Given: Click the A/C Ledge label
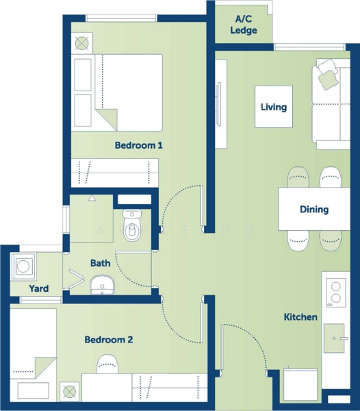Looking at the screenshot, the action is (x=244, y=25).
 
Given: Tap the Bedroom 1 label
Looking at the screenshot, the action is (x=139, y=145).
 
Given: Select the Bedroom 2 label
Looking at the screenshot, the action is (x=109, y=340).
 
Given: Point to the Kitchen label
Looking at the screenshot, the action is (x=300, y=317).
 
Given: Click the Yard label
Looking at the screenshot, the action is (x=39, y=288).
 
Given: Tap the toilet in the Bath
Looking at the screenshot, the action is (x=132, y=225).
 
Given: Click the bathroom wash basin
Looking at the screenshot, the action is (x=103, y=285).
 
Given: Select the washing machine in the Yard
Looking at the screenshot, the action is (x=23, y=266).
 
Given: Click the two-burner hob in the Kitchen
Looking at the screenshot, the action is (x=336, y=292).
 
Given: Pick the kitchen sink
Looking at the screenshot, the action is (x=335, y=338).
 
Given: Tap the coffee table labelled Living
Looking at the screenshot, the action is (x=274, y=107).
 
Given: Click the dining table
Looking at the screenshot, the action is (x=314, y=209).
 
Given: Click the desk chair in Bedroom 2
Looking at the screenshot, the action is (x=107, y=364).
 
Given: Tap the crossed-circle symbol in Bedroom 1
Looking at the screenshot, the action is (x=81, y=43).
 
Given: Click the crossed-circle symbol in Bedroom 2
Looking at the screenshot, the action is (x=70, y=392).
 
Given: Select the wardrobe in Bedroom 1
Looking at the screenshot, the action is (x=115, y=173).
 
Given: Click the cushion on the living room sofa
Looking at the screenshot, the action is (x=328, y=79).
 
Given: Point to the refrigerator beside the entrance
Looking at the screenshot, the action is (x=300, y=385).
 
